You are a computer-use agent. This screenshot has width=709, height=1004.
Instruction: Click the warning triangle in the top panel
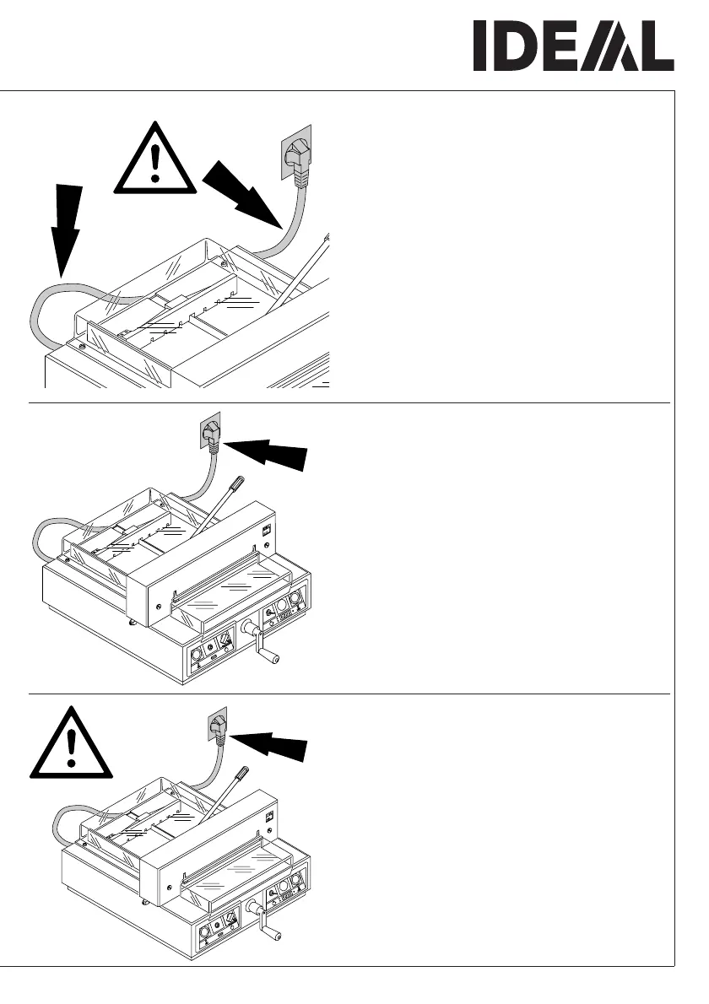click(154, 160)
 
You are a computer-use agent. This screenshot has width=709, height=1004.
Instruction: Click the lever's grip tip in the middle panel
click(237, 483)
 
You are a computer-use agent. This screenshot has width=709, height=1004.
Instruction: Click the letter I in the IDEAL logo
click(479, 46)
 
